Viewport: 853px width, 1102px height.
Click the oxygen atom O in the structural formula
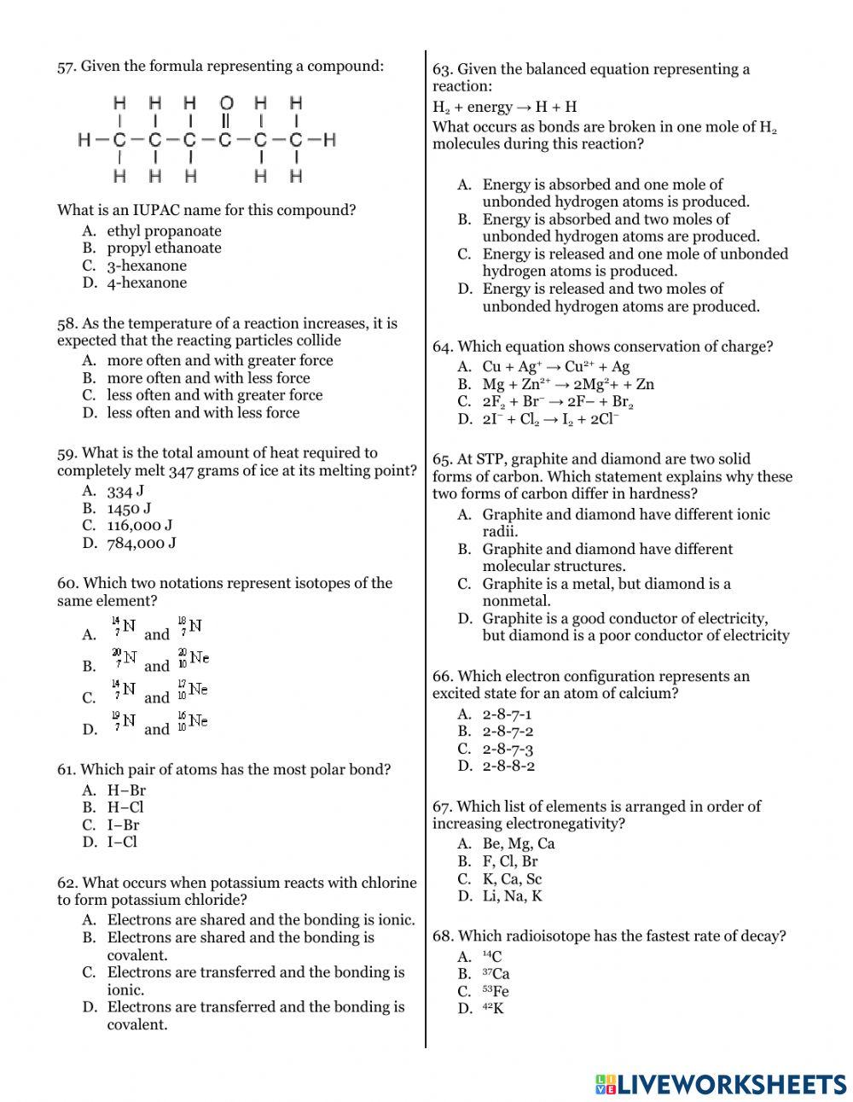[226, 103]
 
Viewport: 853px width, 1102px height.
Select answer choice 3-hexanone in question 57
[146, 265]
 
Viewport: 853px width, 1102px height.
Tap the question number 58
[67, 324]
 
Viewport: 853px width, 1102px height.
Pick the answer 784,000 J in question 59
[141, 543]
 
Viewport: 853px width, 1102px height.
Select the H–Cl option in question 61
[125, 808]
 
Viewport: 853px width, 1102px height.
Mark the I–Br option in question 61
[123, 825]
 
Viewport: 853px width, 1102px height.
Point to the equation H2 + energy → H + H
[505, 107]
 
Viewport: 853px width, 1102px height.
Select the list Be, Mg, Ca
[518, 843]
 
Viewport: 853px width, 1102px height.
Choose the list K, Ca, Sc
[512, 878]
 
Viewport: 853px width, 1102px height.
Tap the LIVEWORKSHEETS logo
[721, 1084]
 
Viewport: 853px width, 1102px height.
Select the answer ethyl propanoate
[164, 230]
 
